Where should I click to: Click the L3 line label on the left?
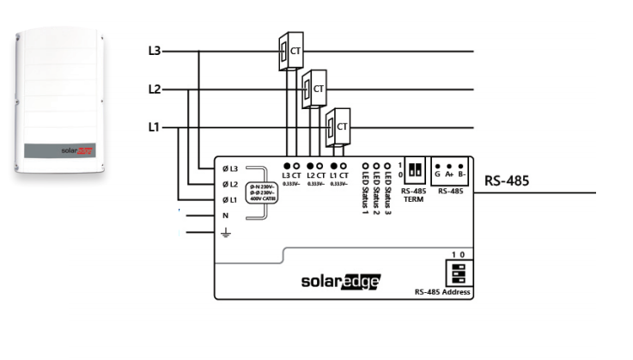(x=155, y=52)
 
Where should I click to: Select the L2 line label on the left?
(x=155, y=89)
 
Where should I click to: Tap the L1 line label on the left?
(x=155, y=128)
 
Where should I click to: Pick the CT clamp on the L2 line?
(x=314, y=88)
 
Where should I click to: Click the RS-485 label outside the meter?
(x=507, y=181)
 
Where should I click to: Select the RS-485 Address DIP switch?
(x=459, y=273)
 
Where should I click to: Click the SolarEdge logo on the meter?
(x=340, y=281)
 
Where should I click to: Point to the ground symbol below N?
(x=226, y=232)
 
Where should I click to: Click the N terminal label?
(x=226, y=216)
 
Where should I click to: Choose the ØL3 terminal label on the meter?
(x=229, y=168)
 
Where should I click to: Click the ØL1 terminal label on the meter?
(x=229, y=200)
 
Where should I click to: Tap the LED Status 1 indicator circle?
(x=366, y=164)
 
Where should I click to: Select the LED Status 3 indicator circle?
(x=388, y=164)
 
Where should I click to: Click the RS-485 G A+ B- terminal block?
(x=449, y=165)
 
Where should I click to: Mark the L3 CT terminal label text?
(x=291, y=175)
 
